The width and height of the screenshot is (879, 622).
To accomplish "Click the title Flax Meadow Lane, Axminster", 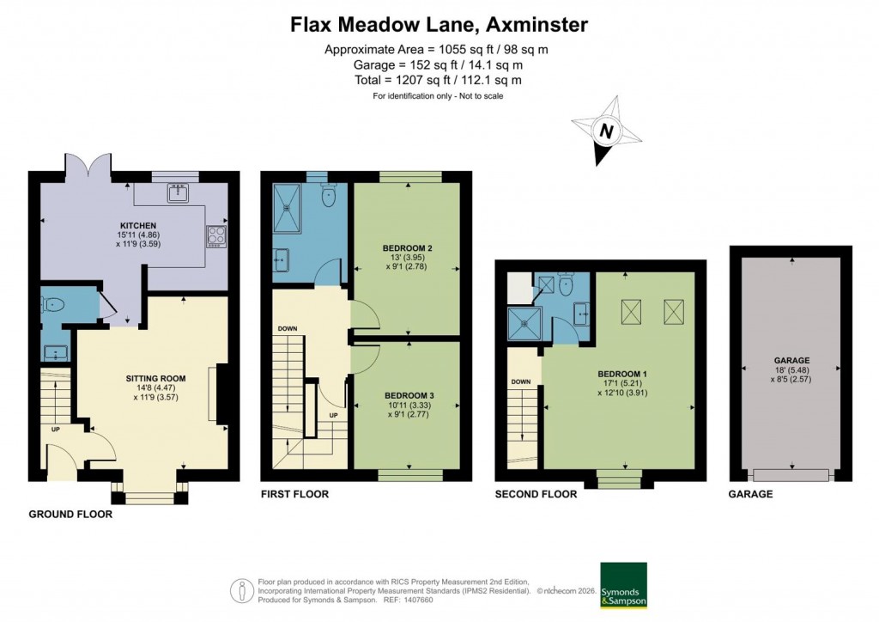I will (x=439, y=25).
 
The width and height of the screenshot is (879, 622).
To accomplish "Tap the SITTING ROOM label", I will (x=156, y=378).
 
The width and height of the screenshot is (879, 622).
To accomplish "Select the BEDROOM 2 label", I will (x=406, y=249).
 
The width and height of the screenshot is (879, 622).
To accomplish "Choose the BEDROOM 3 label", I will (x=406, y=396).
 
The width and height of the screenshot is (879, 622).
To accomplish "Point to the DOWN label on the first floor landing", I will (x=288, y=329).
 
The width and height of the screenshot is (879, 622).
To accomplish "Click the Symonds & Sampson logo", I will (x=622, y=585).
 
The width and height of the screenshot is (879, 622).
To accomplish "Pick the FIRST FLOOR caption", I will (x=294, y=495).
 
